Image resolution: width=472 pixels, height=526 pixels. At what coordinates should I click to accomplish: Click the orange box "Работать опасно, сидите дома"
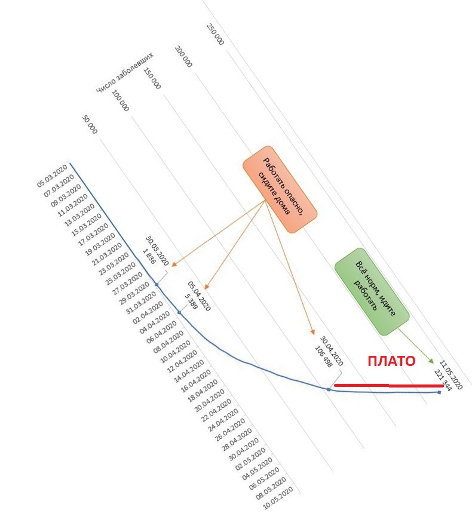280,189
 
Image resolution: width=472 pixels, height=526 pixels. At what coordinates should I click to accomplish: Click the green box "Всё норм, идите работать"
372,291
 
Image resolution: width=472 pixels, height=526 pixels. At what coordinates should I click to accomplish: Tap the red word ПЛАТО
391,361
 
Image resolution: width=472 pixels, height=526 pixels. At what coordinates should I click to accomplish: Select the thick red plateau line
389,386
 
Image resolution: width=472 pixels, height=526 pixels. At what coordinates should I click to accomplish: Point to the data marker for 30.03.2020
157,284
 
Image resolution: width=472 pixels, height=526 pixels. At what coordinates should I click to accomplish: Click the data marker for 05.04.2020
179,313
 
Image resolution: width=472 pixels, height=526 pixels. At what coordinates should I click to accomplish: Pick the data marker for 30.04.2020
329,389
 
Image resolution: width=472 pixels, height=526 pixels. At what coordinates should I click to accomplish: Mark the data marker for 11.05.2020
439,392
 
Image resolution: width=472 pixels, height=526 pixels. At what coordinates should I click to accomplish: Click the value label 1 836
149,256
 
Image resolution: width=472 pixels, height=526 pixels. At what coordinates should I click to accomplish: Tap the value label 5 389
191,301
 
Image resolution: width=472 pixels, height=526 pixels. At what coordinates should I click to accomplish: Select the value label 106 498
323,356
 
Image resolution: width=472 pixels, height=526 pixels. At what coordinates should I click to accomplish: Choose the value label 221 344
443,380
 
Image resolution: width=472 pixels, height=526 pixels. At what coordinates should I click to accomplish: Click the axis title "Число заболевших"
124,72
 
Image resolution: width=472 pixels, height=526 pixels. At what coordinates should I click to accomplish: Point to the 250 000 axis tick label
215,34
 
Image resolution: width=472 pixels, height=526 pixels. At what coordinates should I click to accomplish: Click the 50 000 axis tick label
90,124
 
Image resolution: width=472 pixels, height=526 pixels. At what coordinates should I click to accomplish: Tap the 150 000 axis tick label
152,78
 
